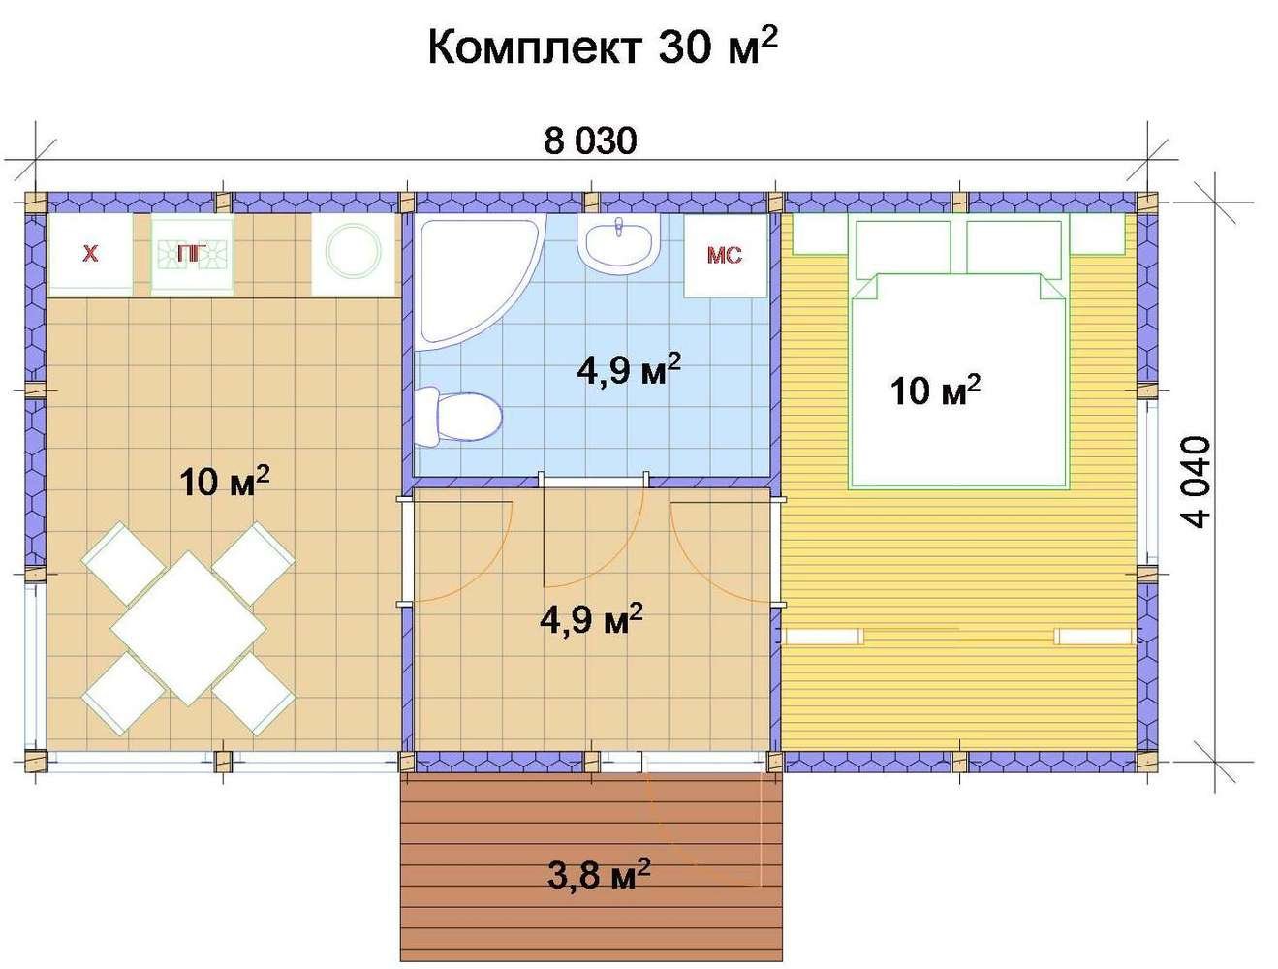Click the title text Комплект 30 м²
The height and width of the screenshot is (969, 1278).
602,47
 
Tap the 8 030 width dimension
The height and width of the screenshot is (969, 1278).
590,141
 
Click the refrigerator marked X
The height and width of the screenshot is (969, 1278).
90,255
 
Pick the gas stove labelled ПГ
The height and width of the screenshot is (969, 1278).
192,255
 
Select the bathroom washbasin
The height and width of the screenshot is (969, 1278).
618,243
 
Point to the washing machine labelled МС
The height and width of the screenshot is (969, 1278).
725,256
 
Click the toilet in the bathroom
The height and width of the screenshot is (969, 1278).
458,417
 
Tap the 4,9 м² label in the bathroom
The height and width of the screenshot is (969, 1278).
629,370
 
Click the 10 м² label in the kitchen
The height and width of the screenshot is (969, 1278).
225,483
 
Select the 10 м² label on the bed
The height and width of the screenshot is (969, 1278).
934,391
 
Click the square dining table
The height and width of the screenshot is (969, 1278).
189,629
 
